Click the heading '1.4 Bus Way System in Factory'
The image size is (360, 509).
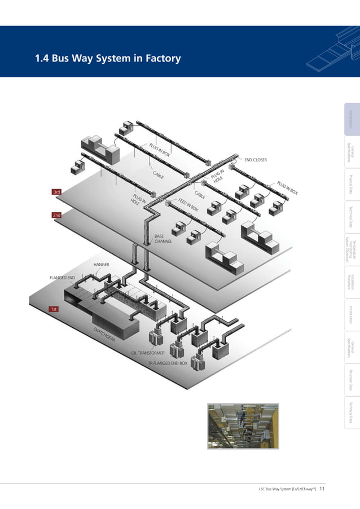pyautogui.click(x=107, y=59)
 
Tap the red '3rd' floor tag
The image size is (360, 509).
pyautogui.click(x=56, y=192)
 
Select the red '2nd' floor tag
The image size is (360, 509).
pyautogui.click(x=56, y=215)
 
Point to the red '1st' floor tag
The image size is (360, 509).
pyautogui.click(x=54, y=309)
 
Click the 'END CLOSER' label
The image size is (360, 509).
pyautogui.click(x=255, y=160)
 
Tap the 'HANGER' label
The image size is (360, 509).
pyautogui.click(x=102, y=264)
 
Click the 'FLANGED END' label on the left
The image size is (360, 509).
pyautogui.click(x=62, y=278)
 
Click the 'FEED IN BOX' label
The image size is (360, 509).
pyautogui.click(x=188, y=205)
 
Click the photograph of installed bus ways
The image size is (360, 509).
pyautogui.click(x=243, y=426)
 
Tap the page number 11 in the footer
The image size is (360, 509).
pyautogui.click(x=322, y=489)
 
